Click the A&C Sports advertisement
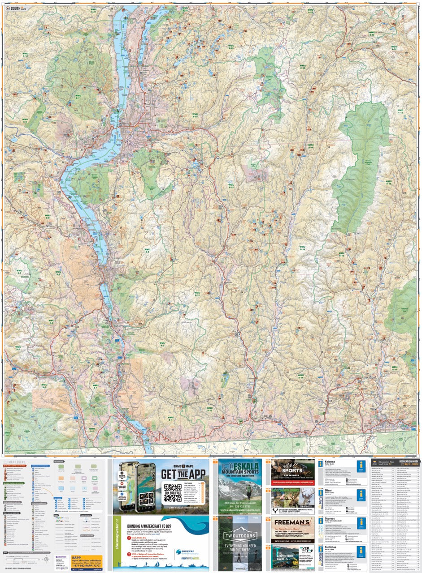coord(292,471)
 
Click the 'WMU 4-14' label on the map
coord(400,111)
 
